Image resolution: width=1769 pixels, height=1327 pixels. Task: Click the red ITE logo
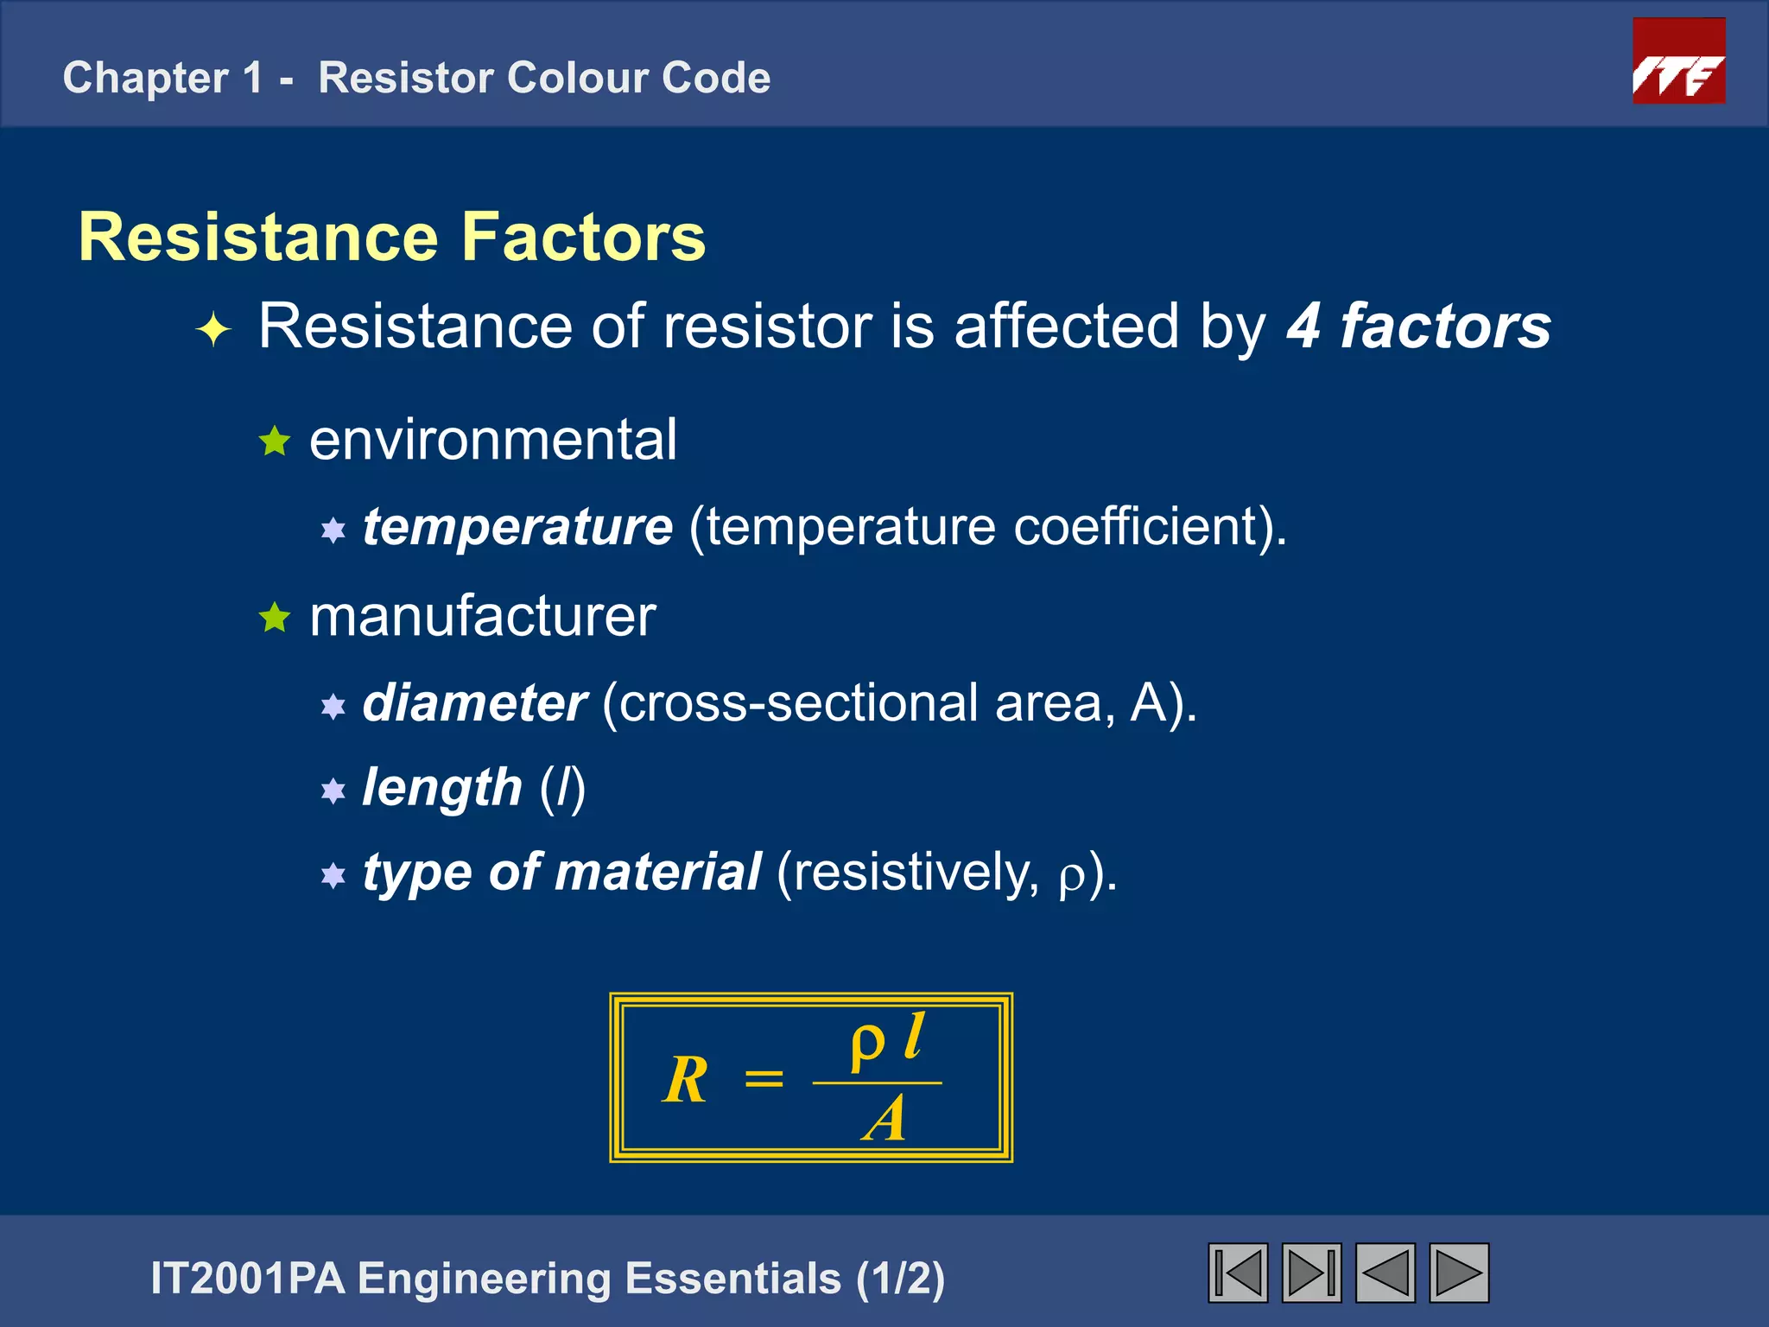1678,61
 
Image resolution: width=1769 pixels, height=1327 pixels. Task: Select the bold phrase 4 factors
1418,327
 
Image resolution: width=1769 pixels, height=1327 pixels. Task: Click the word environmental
493,440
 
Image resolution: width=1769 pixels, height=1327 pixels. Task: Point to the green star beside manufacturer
275,617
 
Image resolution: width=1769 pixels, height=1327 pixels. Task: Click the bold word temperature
517,526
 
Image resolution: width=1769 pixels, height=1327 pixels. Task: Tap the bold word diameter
474,702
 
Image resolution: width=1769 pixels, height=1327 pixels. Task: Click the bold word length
442,787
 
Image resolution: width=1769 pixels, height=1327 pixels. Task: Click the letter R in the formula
686,1080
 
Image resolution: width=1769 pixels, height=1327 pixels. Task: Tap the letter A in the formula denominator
883,1120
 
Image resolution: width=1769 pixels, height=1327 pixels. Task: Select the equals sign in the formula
764,1079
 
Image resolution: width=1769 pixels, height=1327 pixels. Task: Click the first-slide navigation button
1238,1273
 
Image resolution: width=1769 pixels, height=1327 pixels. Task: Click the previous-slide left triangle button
1385,1273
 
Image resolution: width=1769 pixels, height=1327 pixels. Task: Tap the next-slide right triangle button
1459,1273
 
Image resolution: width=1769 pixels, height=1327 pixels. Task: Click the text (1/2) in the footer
900,1279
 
